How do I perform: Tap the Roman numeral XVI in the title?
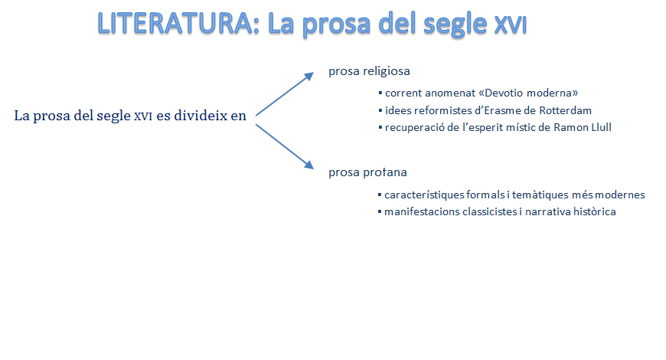coord(511,25)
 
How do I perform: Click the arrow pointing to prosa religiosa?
coord(285,94)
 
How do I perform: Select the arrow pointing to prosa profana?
coord(285,146)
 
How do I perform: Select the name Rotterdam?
coord(566,110)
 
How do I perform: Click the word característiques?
coord(424,195)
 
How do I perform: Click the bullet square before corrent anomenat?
coord(380,93)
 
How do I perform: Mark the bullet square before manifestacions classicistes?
coord(380,211)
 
